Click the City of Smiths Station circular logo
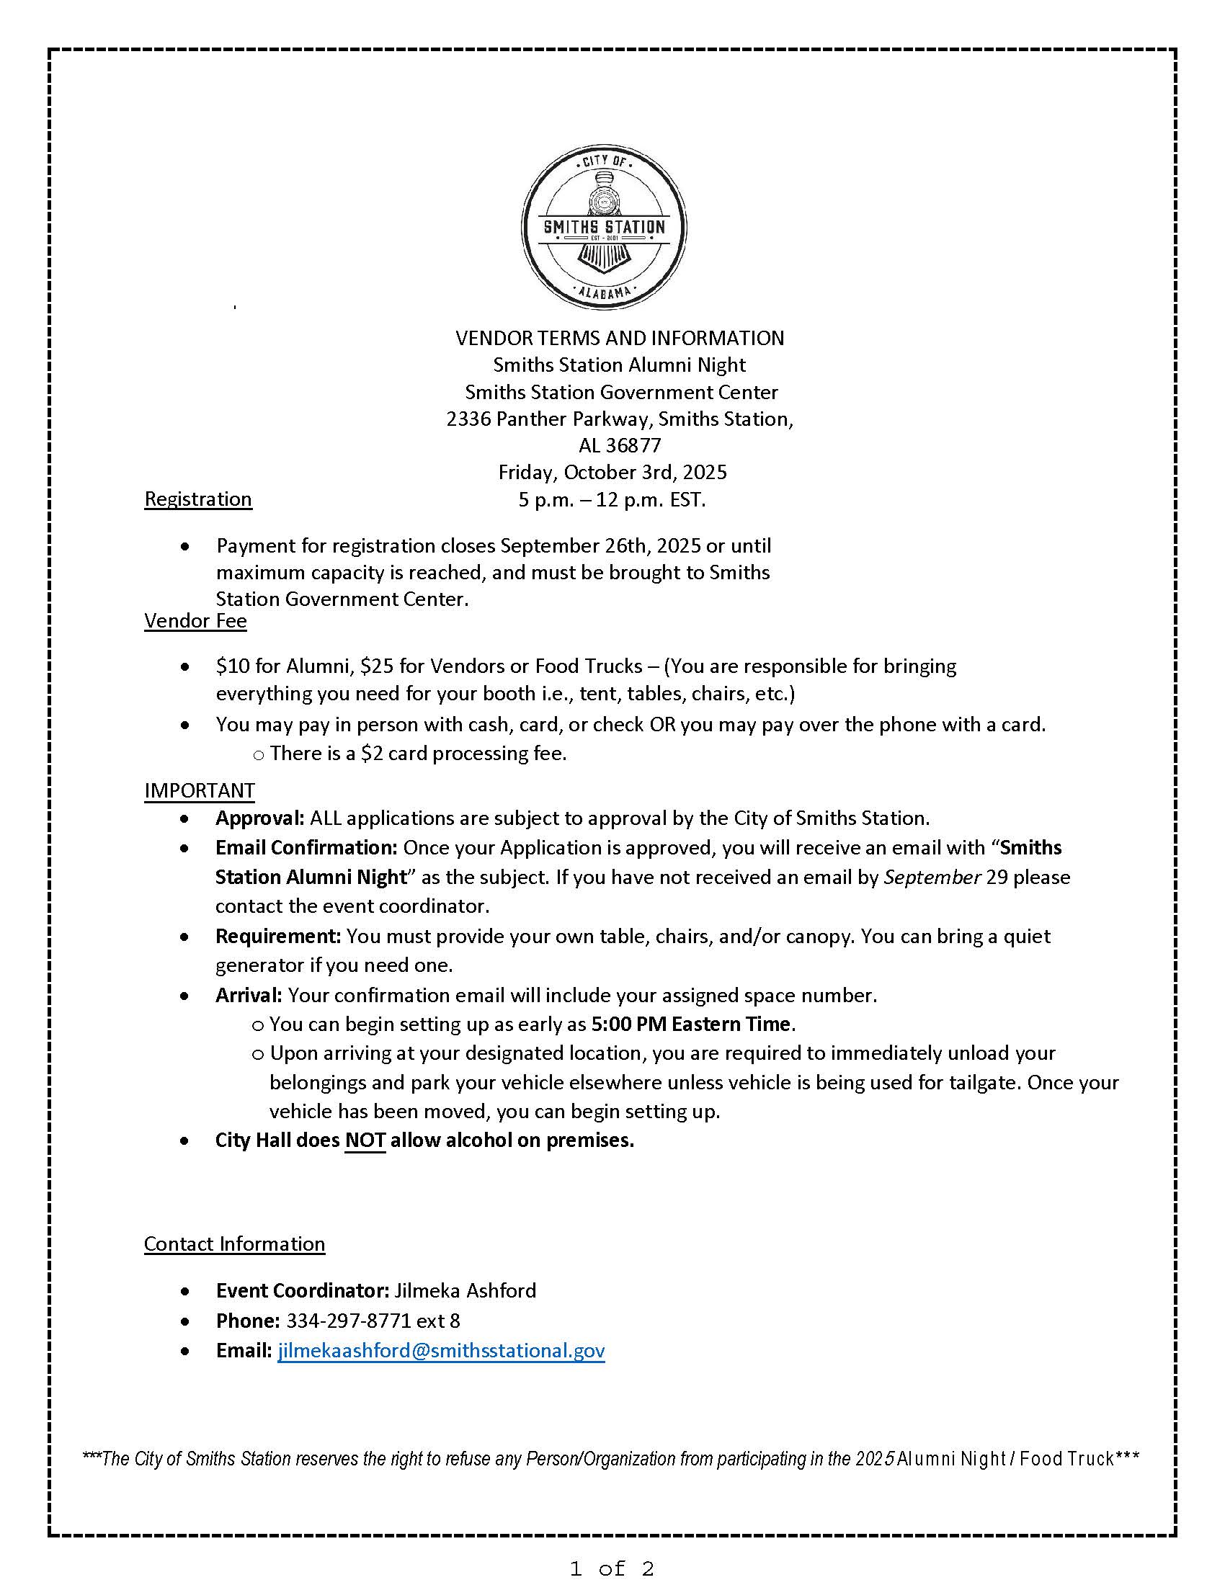(x=604, y=227)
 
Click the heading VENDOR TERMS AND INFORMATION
(x=619, y=338)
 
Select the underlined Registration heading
(x=198, y=499)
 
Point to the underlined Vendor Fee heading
(x=195, y=621)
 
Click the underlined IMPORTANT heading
(x=200, y=790)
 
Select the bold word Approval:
(x=259, y=818)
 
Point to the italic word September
(x=932, y=878)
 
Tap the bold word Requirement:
(x=278, y=936)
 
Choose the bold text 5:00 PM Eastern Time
(x=690, y=1024)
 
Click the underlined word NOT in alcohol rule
(x=365, y=1140)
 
